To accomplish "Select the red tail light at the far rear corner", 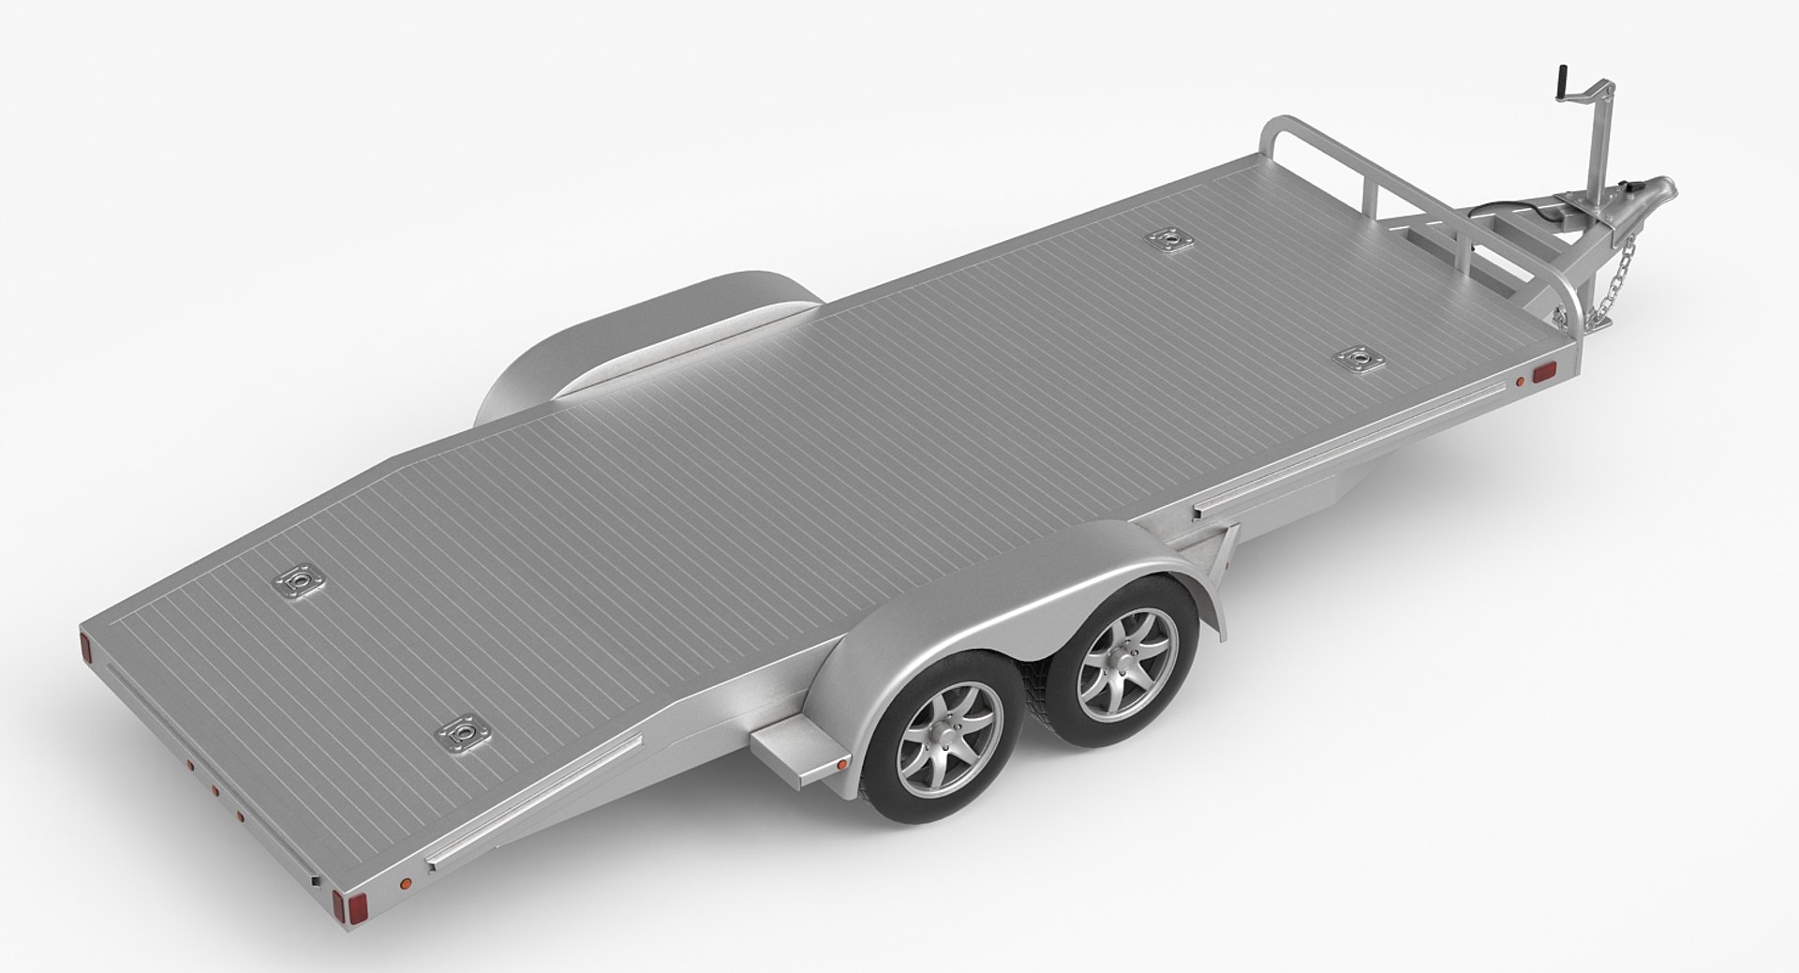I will (84, 646).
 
